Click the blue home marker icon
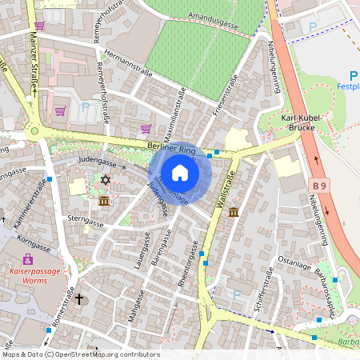(x=180, y=173)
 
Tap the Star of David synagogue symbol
(x=104, y=181)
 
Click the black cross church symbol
(x=78, y=300)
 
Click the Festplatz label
(x=348, y=86)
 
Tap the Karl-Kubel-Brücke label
(x=302, y=122)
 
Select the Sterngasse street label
(x=86, y=221)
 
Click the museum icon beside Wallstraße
(x=233, y=212)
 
